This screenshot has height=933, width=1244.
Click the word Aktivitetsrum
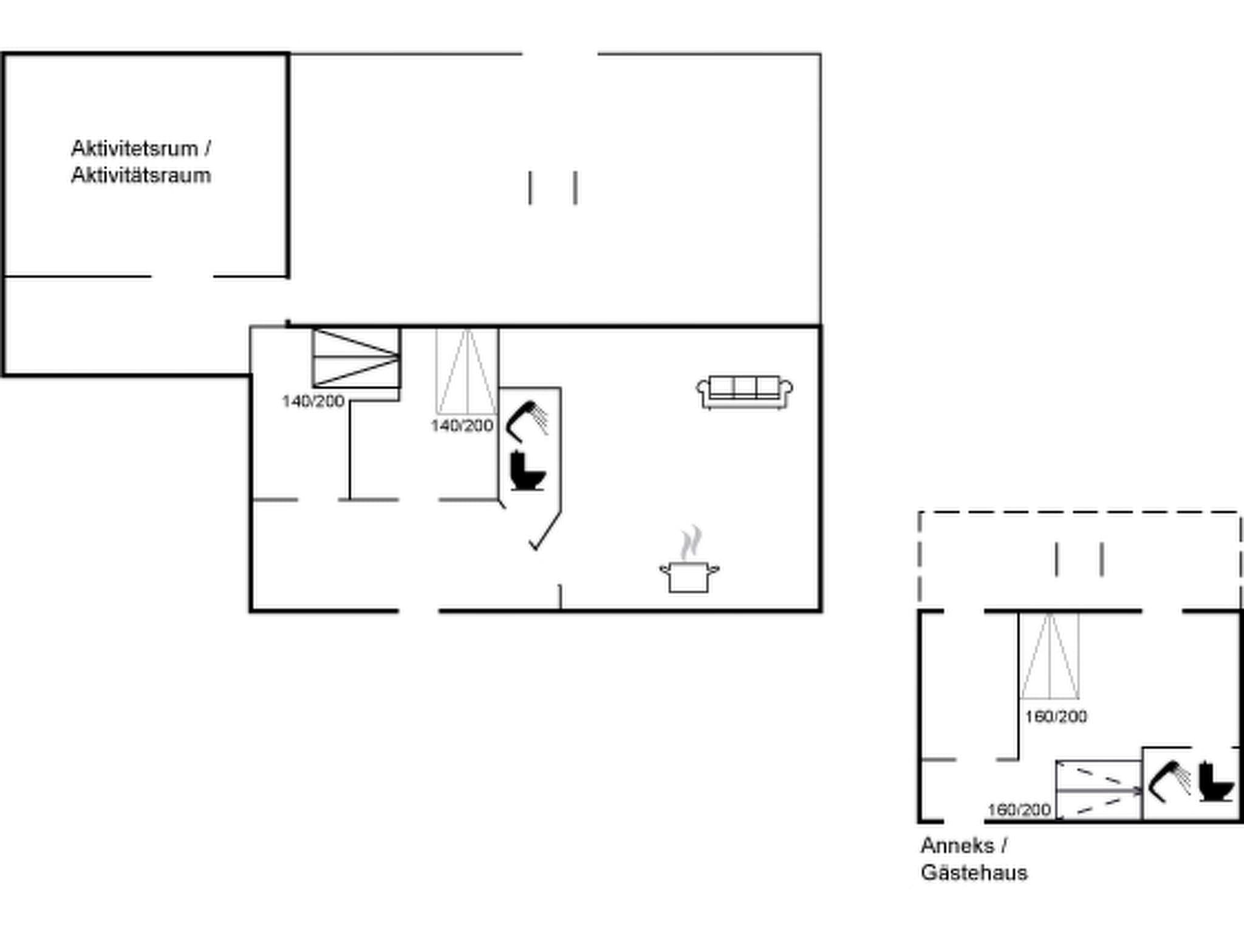tap(134, 148)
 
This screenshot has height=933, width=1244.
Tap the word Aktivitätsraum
tap(141, 176)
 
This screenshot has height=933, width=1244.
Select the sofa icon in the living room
tap(745, 392)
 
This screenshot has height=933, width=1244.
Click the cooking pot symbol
tap(689, 576)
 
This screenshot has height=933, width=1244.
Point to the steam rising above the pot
tap(691, 542)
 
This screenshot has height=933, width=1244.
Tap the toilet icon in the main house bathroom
tap(527, 471)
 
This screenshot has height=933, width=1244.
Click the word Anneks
tap(957, 846)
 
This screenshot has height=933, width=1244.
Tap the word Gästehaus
tap(974, 873)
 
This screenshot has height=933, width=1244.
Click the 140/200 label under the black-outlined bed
tap(313, 402)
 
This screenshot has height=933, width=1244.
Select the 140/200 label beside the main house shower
tap(462, 426)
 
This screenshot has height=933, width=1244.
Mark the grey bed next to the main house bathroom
tap(467, 371)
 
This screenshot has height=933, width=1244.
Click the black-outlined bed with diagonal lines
tap(356, 358)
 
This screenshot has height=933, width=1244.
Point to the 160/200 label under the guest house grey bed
tap(1056, 717)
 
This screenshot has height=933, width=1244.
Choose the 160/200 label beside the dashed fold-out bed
tap(1019, 810)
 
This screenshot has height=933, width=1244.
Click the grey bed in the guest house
tap(1050, 656)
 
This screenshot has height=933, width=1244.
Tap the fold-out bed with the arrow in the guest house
tap(1098, 790)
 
